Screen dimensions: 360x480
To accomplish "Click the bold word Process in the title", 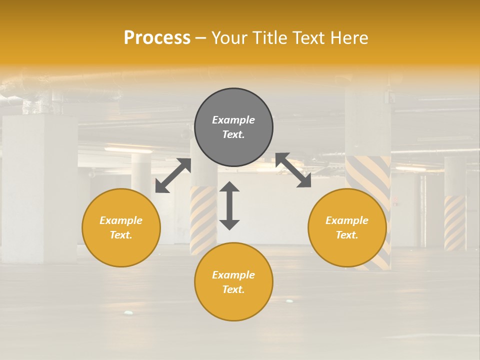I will pos(157,38).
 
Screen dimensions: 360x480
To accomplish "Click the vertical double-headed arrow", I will pos(229,206).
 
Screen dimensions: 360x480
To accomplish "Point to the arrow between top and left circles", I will pos(173,175).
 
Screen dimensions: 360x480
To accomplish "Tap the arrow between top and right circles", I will pos(293,170).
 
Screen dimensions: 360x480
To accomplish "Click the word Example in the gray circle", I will pos(233,120).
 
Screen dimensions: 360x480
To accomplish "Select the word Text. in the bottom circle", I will pos(233,289).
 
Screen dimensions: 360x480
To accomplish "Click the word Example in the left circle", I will pos(121,220).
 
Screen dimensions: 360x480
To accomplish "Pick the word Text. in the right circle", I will pos(347,235).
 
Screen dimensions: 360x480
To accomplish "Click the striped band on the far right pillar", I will pos(455,222).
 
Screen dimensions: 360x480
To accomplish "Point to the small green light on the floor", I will pos(129,312).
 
